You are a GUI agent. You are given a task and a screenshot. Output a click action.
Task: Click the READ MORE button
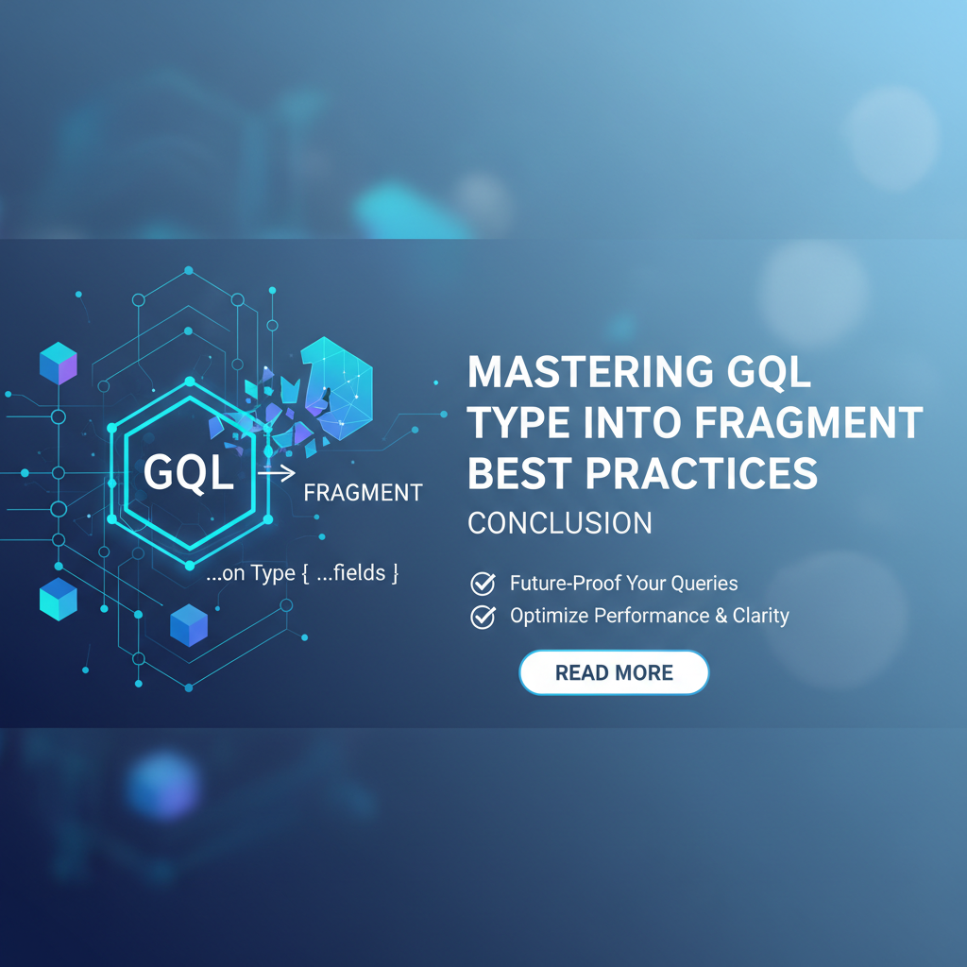click(614, 672)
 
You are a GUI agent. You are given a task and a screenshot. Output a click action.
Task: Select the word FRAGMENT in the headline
click(808, 423)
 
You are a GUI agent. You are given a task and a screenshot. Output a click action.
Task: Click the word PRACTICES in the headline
click(702, 474)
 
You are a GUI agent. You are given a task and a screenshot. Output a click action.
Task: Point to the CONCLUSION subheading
click(560, 523)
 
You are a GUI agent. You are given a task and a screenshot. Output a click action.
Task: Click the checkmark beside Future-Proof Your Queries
click(483, 583)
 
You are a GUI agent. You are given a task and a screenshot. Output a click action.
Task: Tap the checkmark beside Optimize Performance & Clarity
click(483, 616)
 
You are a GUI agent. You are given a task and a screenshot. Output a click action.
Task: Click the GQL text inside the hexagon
click(189, 473)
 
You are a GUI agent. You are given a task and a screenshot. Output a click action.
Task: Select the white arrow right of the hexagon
click(277, 474)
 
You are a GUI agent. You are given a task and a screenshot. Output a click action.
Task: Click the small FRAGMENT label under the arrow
click(364, 493)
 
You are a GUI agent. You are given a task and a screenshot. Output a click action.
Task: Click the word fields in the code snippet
click(360, 573)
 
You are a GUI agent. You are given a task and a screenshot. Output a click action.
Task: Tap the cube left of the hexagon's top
click(59, 364)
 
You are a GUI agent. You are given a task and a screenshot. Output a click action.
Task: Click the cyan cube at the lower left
click(59, 599)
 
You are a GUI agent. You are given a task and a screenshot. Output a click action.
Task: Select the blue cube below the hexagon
click(189, 625)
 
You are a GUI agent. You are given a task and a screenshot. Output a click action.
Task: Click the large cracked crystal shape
click(337, 388)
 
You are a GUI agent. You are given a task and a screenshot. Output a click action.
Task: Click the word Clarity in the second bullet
click(761, 616)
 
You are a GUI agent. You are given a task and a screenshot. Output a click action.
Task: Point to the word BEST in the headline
click(521, 474)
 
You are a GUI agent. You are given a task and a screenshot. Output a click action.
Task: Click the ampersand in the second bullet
click(721, 616)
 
